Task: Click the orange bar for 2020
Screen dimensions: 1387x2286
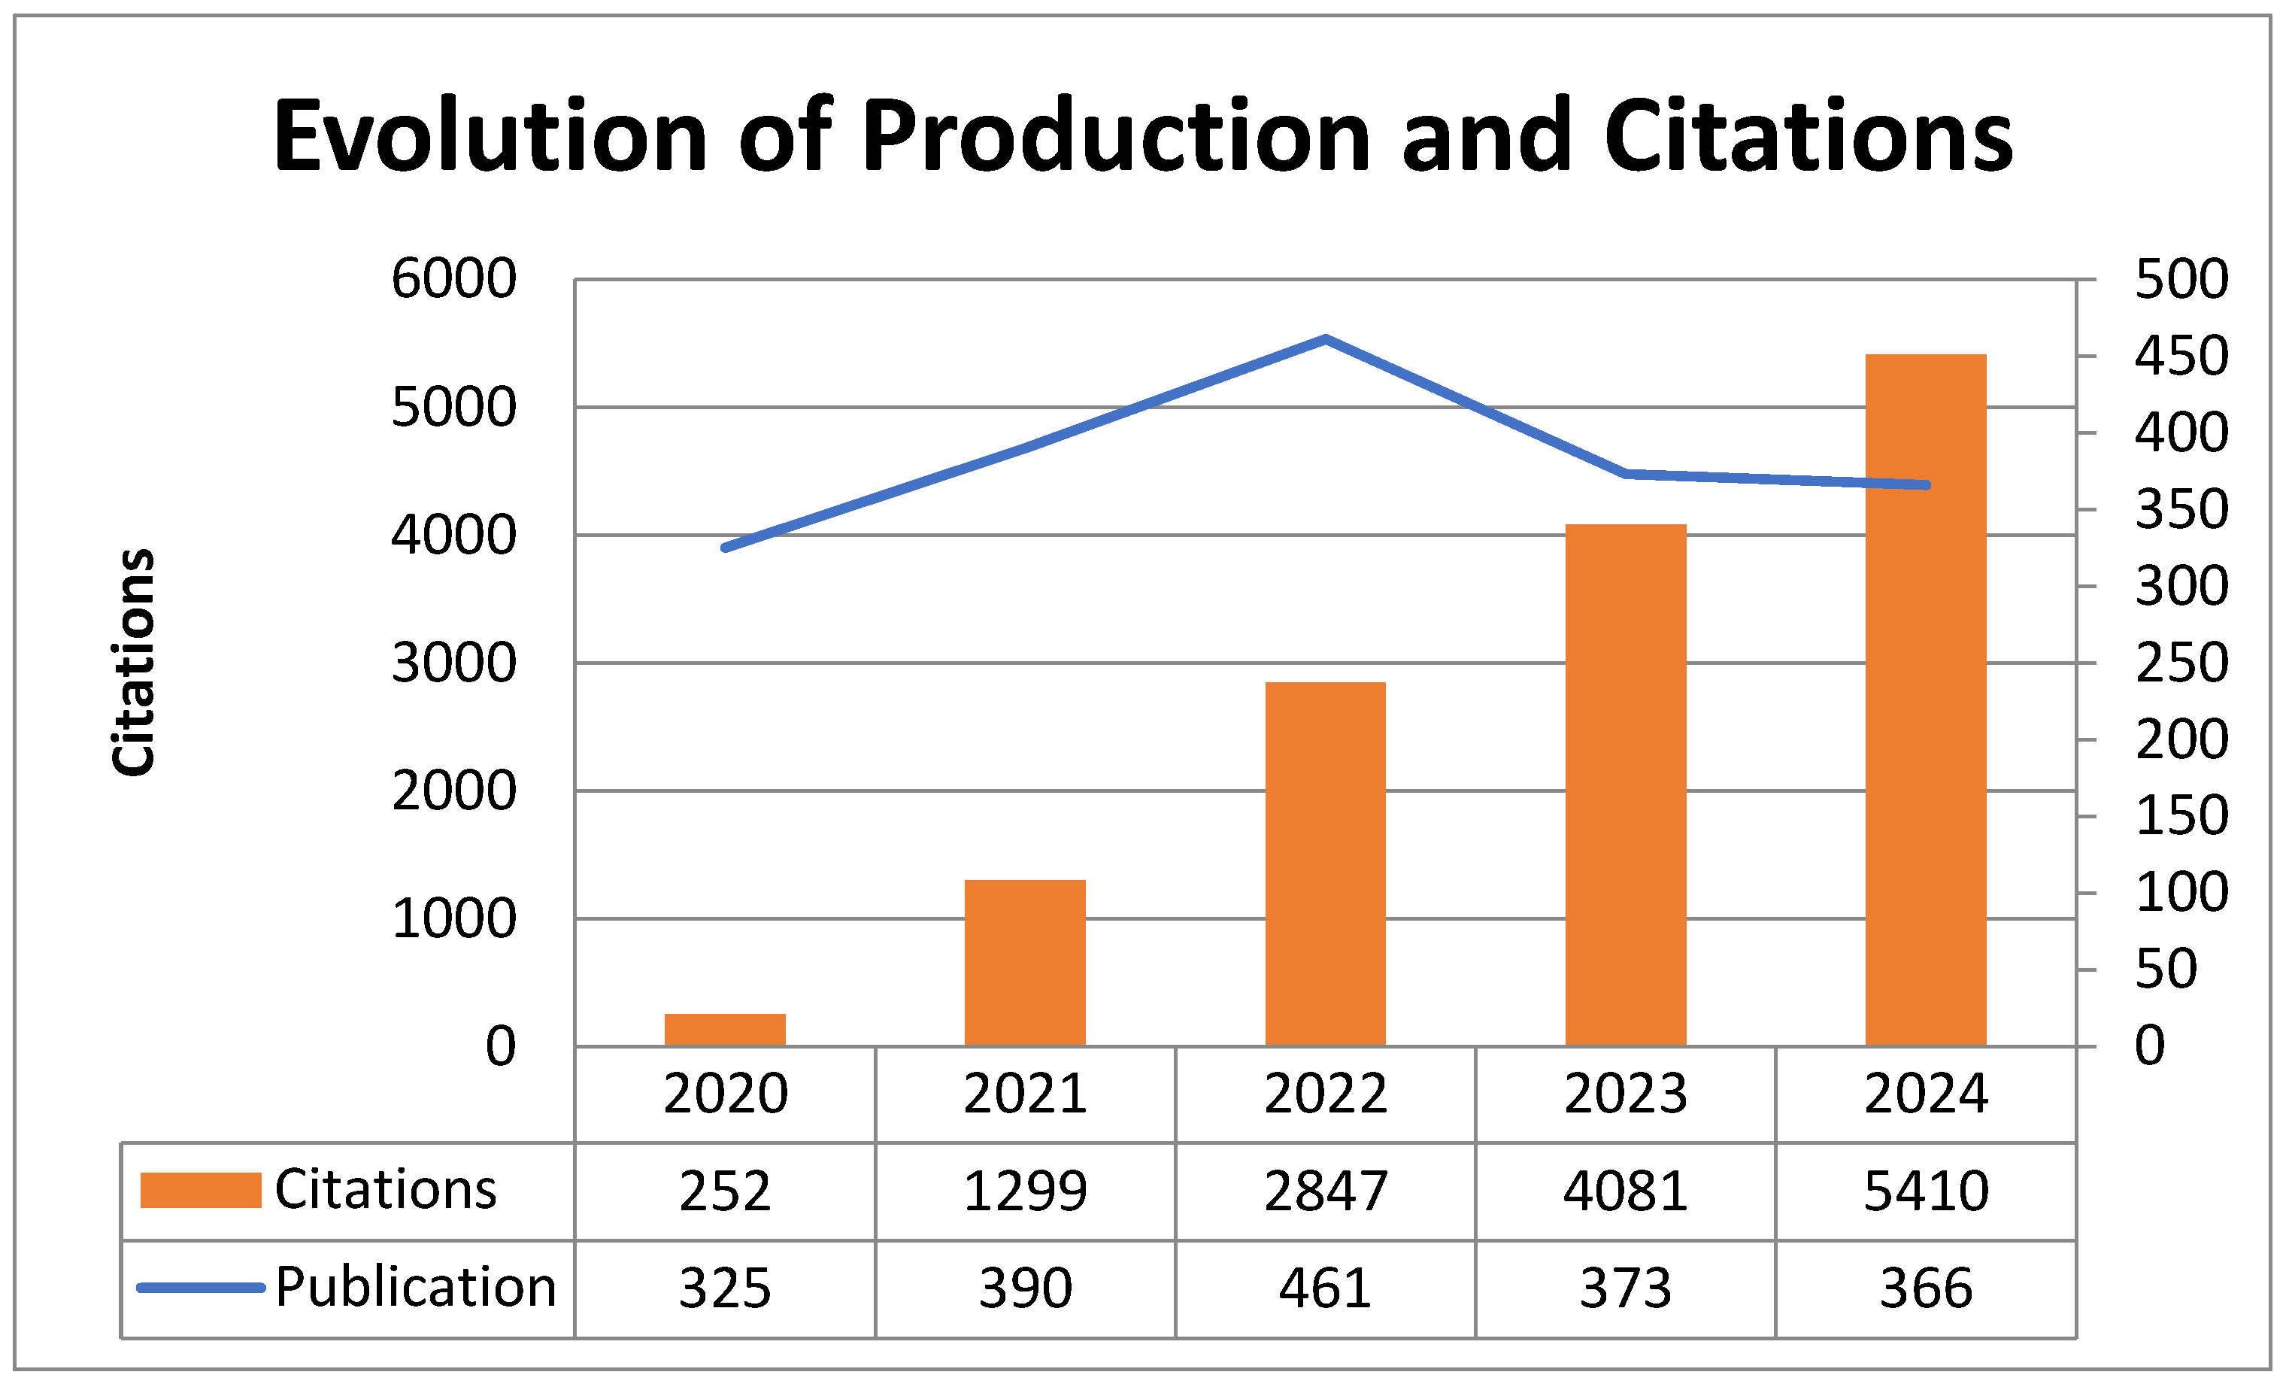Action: (725, 1030)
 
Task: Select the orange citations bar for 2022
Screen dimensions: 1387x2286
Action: (1325, 863)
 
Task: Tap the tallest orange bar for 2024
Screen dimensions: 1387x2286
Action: (1925, 700)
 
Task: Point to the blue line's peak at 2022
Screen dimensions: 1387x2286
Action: (1325, 338)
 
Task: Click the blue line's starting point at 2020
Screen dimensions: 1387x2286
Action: (726, 548)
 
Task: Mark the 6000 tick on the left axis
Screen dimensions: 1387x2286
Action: (453, 278)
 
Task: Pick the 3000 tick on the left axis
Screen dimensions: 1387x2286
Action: (453, 663)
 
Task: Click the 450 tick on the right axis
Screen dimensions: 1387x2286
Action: (2180, 357)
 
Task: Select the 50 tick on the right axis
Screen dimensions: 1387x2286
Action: (2166, 970)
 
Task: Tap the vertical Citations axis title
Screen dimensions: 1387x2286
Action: (132, 661)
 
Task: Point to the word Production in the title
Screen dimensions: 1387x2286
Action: (1116, 136)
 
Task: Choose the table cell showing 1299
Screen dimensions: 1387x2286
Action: (1024, 1191)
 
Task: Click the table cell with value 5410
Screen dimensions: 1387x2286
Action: (1925, 1191)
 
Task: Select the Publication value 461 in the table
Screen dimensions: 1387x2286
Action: (1325, 1288)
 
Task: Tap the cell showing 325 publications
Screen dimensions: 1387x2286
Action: (725, 1288)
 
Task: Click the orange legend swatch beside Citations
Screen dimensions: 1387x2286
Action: (200, 1191)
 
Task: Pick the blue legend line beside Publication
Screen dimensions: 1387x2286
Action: (200, 1288)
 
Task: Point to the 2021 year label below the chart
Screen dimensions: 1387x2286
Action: (1024, 1094)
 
